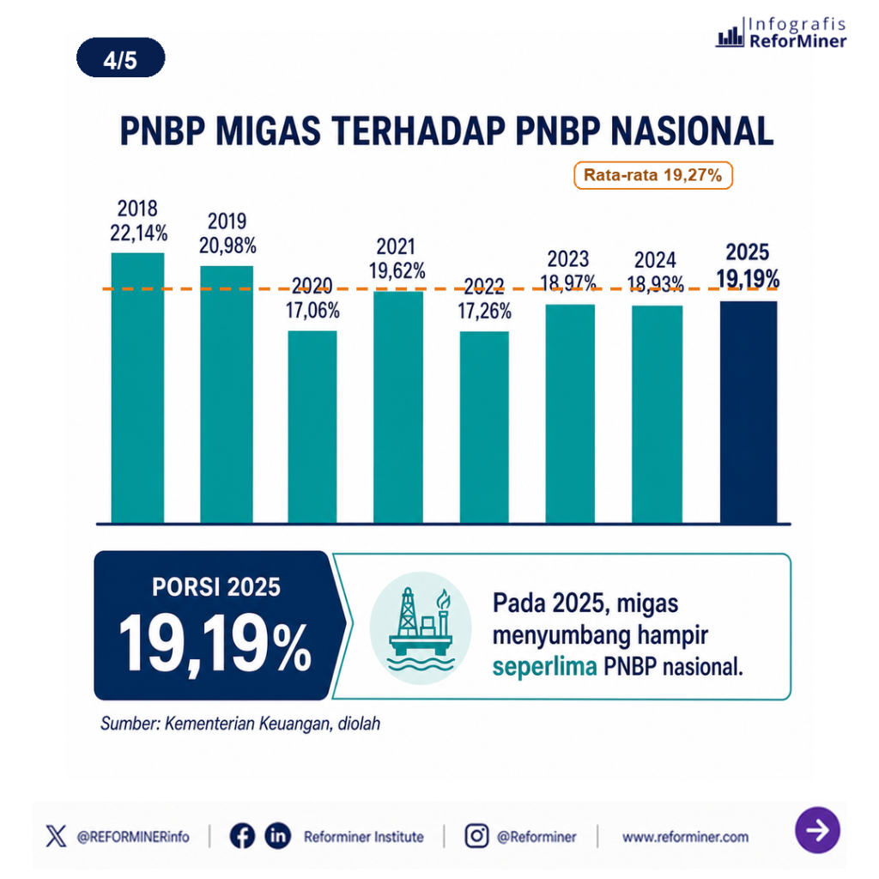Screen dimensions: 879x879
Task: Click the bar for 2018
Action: [x=137, y=388]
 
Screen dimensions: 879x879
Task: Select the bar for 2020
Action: [x=312, y=427]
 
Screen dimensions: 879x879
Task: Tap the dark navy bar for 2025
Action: [x=749, y=413]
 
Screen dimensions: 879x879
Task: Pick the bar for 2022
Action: [x=484, y=427]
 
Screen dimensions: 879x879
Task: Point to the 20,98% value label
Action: [x=227, y=246]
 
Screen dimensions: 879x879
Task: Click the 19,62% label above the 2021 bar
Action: [x=397, y=270]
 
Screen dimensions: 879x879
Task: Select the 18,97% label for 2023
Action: [x=568, y=283]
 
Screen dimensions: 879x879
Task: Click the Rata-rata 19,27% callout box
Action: [x=653, y=175]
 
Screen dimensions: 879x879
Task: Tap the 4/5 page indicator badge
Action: [x=120, y=58]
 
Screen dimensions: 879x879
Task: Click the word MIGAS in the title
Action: [x=268, y=131]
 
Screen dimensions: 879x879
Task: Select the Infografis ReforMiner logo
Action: [x=781, y=33]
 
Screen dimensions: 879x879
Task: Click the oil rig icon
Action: [x=421, y=627]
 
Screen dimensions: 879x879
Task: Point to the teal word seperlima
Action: [x=544, y=667]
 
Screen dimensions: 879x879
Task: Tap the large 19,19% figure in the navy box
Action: [x=215, y=642]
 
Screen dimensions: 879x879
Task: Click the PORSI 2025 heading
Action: [x=215, y=587]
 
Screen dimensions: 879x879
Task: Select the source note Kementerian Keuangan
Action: [x=240, y=724]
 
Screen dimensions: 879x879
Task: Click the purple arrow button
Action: [x=817, y=830]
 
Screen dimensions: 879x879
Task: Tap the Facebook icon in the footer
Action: [x=242, y=836]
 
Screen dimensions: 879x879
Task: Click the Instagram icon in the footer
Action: [x=476, y=836]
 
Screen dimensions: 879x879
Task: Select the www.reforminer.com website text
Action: [x=685, y=837]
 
